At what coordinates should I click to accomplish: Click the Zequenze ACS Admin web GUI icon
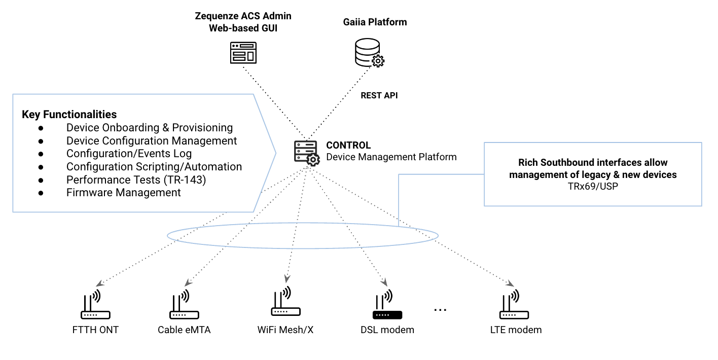243,53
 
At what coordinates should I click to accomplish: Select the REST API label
379,95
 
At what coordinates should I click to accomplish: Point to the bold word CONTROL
348,146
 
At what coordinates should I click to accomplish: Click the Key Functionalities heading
69,114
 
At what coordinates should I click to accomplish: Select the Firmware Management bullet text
123,192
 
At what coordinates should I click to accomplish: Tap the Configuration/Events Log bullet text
129,154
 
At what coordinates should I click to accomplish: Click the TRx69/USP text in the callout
593,187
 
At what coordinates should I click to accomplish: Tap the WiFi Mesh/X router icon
285,303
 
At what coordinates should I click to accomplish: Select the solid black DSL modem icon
387,306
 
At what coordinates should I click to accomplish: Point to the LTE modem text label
516,330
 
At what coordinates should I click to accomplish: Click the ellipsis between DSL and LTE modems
440,309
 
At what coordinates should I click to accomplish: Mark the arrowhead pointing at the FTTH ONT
101,283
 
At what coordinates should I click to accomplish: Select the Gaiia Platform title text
375,22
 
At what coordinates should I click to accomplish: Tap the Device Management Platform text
391,157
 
